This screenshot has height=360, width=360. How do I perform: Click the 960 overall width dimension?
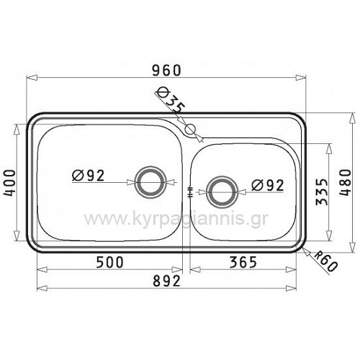(166, 71)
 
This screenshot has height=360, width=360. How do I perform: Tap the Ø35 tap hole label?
(171, 101)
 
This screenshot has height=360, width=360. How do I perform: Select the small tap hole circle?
(191, 130)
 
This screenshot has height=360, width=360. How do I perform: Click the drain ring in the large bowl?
(150, 182)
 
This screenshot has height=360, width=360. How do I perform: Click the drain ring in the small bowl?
(222, 192)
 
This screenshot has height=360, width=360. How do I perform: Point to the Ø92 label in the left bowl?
(88, 176)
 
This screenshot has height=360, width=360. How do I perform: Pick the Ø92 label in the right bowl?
(268, 185)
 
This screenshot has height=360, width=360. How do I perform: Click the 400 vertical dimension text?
(10, 183)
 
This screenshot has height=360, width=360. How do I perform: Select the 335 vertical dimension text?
(322, 192)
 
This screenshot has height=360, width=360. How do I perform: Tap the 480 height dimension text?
(346, 183)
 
